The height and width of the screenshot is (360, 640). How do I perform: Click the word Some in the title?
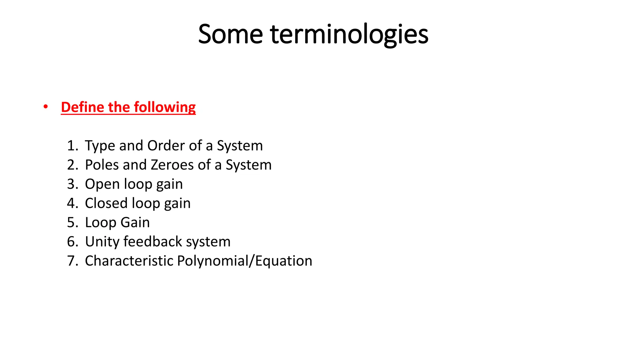pos(230,34)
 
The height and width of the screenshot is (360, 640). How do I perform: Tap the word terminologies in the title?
pos(349,34)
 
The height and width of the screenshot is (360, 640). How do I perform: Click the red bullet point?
pos(46,107)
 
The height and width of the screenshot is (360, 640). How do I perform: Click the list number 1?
pos(72,146)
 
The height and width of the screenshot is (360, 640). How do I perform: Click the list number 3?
pos(72,184)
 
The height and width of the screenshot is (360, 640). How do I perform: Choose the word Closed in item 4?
pos(107,203)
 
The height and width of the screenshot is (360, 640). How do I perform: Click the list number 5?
pos(72,222)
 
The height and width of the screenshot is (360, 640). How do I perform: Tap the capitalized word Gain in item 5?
pos(135,222)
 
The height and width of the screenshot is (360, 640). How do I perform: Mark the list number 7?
pos(72,261)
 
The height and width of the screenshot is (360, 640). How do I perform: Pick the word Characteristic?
pos(128,261)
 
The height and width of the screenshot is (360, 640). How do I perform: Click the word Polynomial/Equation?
pos(244,261)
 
